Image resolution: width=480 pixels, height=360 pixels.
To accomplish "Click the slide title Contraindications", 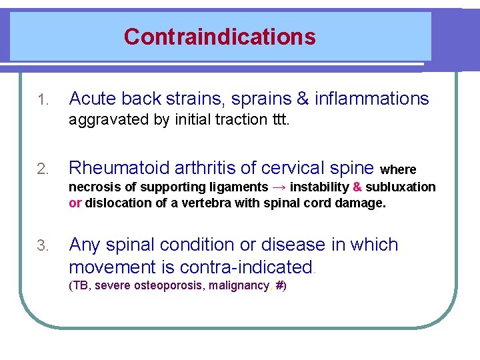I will [219, 36].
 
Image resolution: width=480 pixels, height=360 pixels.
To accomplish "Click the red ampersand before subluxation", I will [357, 187].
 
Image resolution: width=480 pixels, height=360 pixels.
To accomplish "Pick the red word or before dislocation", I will [75, 203].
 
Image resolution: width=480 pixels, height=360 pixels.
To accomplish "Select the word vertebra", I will [200, 203].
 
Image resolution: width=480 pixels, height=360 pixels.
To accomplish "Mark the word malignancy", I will [241, 286].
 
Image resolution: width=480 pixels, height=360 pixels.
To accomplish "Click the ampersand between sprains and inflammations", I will [303, 99].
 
